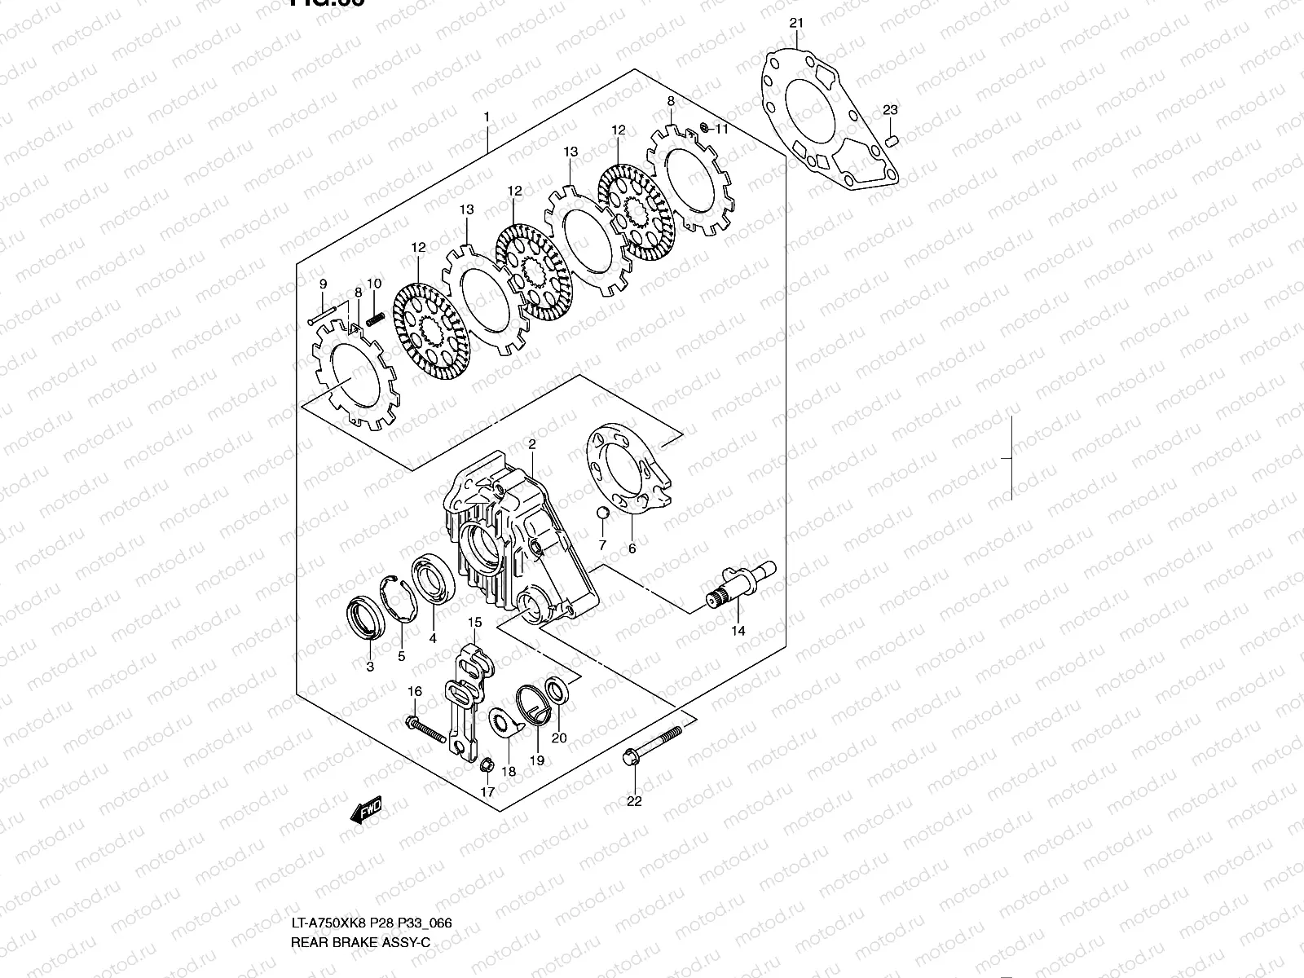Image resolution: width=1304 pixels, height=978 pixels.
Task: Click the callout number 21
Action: (x=796, y=23)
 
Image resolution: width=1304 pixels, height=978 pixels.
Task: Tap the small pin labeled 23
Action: (x=892, y=140)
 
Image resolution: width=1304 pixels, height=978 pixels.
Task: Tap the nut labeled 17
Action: (x=486, y=765)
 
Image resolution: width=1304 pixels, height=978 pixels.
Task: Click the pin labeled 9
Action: (x=323, y=314)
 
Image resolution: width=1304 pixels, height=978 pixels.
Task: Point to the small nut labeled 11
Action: (x=703, y=129)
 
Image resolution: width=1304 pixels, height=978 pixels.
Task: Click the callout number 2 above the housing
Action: (x=531, y=445)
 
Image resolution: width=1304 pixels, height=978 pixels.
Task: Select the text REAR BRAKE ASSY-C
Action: (x=359, y=943)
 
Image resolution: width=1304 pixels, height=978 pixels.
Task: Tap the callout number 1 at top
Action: (x=487, y=117)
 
